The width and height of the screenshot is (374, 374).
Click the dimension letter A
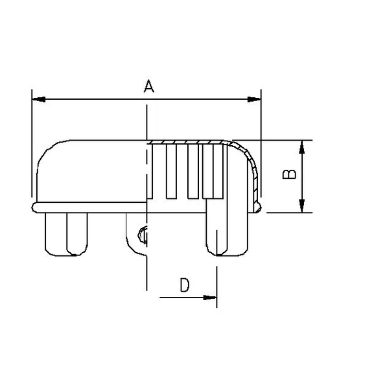pyautogui.click(x=148, y=86)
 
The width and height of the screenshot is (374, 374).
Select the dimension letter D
pyautogui.click(x=185, y=285)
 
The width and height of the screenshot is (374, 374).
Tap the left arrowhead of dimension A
pyautogui.click(x=38, y=99)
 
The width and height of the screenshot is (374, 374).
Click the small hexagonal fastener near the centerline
pyautogui.click(x=144, y=235)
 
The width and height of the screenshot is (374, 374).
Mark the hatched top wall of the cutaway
pyautogui.click(x=188, y=141)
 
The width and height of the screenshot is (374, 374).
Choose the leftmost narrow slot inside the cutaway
pyautogui.click(x=171, y=172)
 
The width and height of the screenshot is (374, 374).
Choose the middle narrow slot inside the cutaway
pyautogui.click(x=191, y=172)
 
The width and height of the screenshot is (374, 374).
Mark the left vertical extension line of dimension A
pyautogui.click(x=32, y=143)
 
